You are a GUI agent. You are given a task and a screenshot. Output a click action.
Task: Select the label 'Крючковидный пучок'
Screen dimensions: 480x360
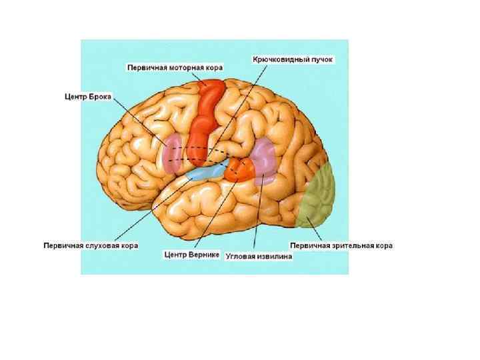tap(292, 59)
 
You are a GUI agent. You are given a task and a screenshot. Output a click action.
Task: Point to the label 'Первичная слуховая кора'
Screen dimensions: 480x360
tap(91, 245)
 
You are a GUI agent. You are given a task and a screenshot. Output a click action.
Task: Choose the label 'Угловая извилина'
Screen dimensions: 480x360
tap(259, 255)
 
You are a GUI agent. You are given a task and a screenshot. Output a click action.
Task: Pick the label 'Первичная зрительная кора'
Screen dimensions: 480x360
tap(341, 245)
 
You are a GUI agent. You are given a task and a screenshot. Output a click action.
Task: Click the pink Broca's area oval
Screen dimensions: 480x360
tap(171, 152)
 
